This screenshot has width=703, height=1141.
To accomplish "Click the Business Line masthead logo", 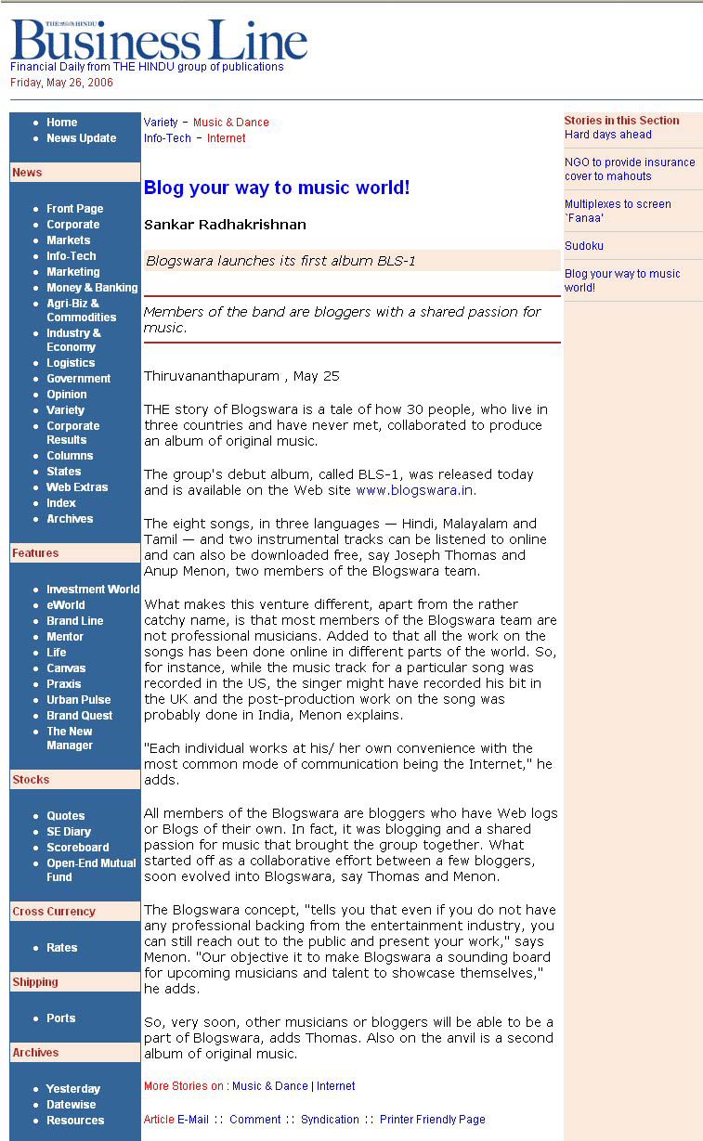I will coord(159,41).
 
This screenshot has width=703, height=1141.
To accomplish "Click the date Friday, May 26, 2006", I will coord(61,83).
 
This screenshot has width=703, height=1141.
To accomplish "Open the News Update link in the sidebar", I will coord(82,138).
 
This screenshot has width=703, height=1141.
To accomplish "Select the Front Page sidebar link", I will coord(75,209).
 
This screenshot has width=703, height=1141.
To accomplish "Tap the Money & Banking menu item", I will coord(92,288).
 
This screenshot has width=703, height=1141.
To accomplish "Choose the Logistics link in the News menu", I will coord(71,363).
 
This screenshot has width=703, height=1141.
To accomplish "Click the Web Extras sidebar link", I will coord(77,487).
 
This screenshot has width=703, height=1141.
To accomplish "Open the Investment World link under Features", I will coord(93,590).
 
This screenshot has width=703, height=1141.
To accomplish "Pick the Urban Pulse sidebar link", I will coord(79,700).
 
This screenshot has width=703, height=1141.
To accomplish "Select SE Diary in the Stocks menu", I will coord(69,832).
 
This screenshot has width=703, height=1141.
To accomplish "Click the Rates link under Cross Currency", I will coord(62,948).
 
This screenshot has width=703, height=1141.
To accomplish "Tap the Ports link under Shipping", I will coord(61,1018).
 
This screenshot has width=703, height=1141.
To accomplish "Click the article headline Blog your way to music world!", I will coord(277,188).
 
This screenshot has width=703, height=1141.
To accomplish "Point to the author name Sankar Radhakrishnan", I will coord(225,225).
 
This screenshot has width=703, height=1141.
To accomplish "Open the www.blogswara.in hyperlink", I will coord(415,490).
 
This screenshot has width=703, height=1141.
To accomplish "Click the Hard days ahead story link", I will coord(608,135).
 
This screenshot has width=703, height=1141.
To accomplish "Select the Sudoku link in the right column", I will coord(584,246).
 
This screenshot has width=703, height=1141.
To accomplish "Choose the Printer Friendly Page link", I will coord(432,1120).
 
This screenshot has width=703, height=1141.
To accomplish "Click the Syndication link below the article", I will coord(330,1120).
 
